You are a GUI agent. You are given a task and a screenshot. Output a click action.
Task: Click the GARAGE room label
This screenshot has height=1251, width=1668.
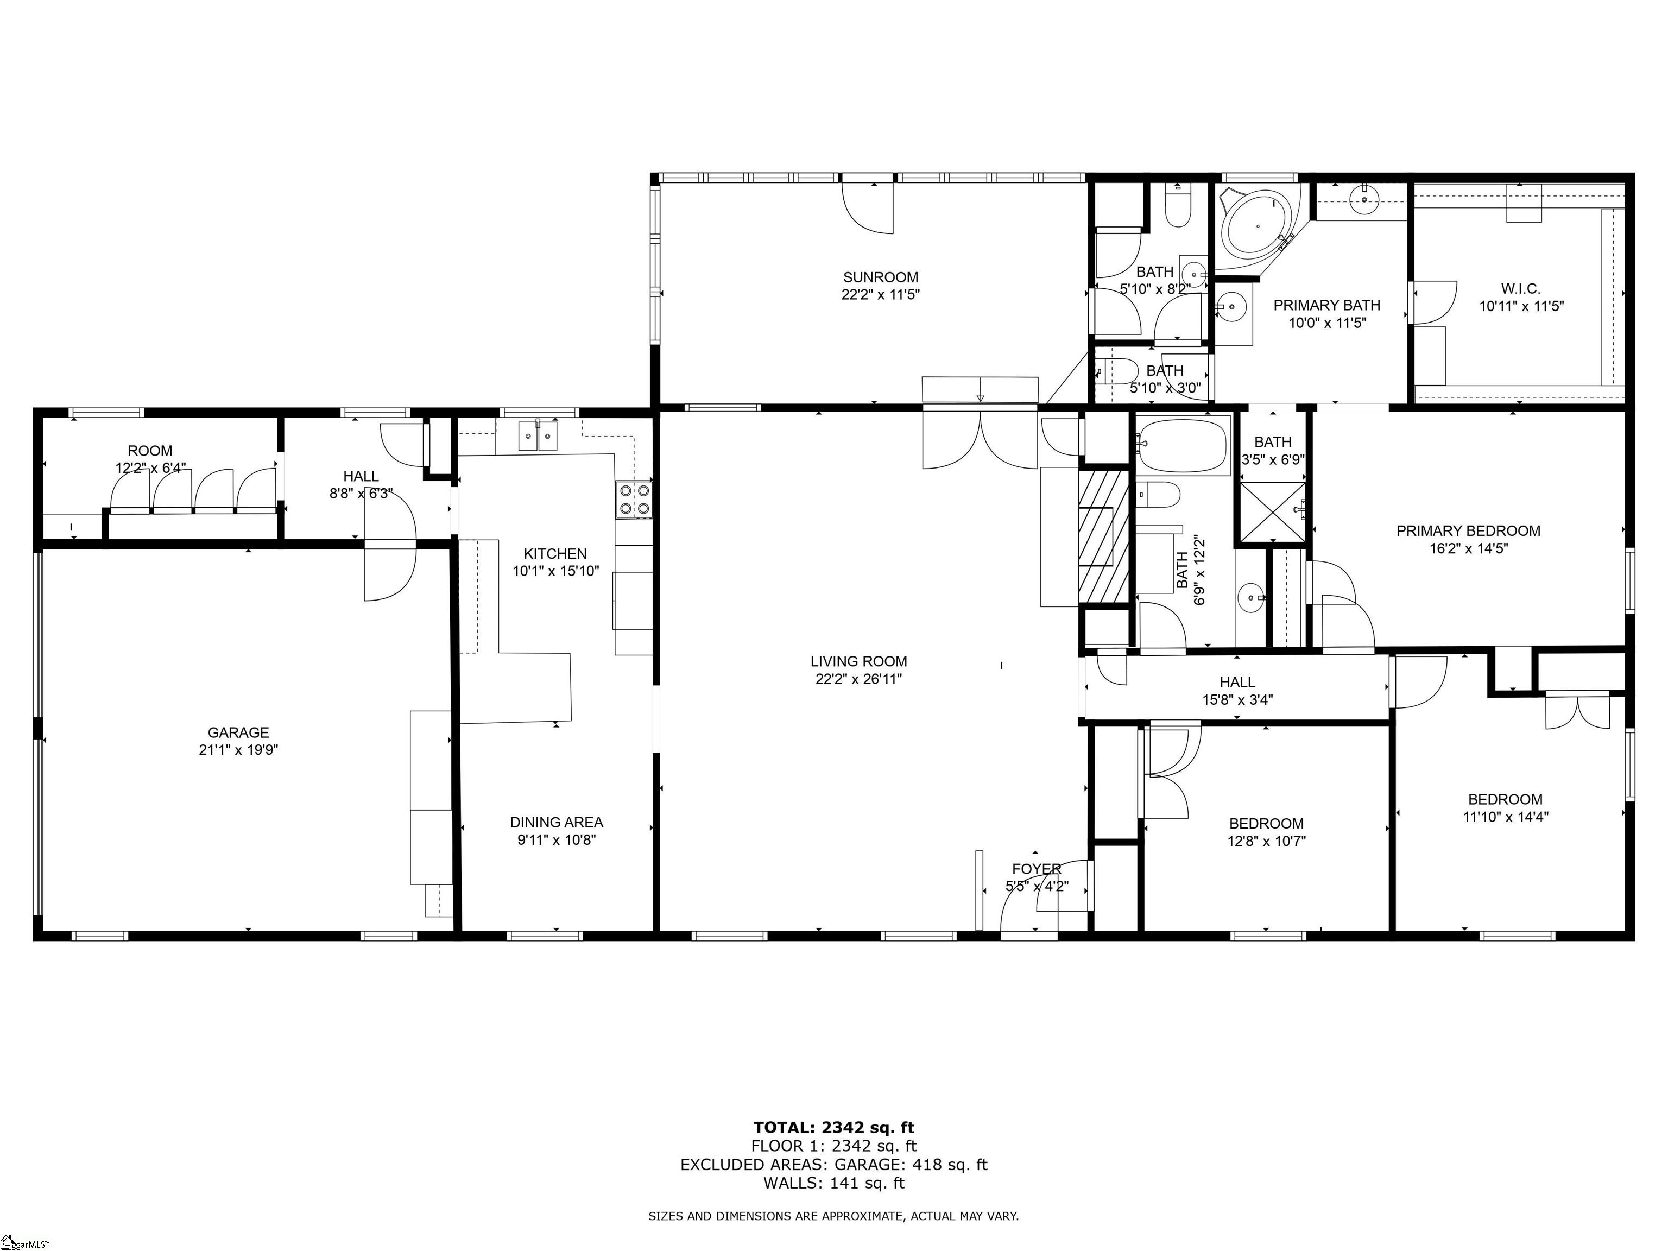tap(238, 732)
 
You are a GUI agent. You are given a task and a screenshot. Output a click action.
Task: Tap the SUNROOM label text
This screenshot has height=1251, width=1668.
tap(881, 277)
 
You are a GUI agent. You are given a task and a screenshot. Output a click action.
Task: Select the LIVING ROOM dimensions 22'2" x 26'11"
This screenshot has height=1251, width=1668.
tap(859, 679)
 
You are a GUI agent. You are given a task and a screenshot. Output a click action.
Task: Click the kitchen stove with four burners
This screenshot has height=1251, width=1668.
tap(634, 499)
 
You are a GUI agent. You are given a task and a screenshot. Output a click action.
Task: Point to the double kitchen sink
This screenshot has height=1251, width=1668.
tap(539, 437)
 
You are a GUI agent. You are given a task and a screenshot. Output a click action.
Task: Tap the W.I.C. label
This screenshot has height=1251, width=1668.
tap(1520, 289)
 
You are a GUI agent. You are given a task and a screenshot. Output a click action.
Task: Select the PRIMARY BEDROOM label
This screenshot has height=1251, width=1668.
tap(1468, 531)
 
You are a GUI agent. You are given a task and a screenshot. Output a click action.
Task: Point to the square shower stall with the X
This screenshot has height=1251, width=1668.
tap(1271, 513)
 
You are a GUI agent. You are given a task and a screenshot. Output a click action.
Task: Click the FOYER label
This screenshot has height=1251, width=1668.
tap(1037, 869)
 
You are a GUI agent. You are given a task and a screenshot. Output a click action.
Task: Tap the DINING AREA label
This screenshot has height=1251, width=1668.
tap(557, 822)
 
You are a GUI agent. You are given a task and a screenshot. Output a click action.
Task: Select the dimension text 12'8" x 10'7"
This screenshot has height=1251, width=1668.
tap(1266, 841)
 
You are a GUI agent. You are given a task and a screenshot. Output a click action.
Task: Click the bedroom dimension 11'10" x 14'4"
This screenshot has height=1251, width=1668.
tap(1505, 816)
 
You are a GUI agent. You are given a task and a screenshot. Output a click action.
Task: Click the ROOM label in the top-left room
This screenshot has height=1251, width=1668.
tap(150, 451)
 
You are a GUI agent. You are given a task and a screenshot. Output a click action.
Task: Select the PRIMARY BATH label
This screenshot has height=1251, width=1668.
tap(1326, 305)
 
